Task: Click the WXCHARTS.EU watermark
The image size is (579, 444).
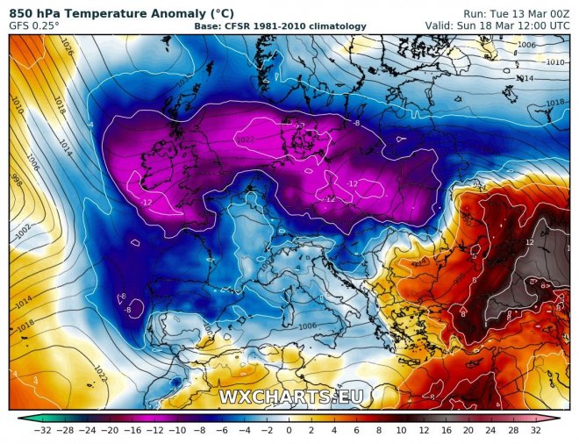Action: [x=290, y=397]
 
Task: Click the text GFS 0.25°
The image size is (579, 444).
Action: [x=32, y=25]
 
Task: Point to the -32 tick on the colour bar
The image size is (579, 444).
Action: [x=40, y=430]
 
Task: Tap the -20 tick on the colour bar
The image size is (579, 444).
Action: [x=111, y=430]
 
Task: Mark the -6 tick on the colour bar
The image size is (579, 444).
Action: [x=223, y=430]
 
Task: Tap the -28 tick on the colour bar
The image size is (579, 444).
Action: [x=64, y=430]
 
